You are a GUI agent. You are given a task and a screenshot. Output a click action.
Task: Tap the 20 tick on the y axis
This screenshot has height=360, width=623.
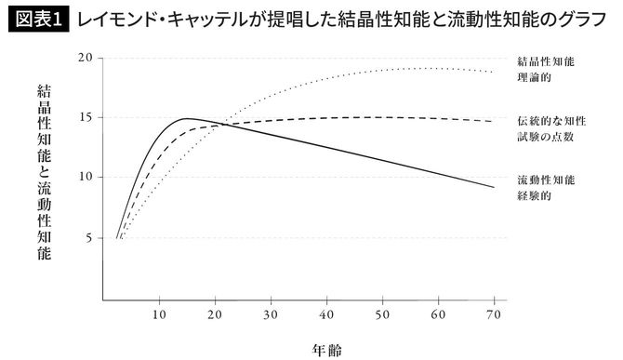(86, 58)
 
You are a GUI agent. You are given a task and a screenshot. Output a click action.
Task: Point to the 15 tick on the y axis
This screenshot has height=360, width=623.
(86, 117)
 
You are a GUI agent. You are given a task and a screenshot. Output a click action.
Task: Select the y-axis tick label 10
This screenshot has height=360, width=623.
(86, 177)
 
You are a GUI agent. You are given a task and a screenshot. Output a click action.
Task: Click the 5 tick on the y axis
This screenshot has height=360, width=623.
(89, 237)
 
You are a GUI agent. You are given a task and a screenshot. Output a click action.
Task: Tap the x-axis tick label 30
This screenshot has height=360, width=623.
(271, 313)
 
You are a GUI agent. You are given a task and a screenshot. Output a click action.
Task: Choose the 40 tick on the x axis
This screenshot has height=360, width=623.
(326, 313)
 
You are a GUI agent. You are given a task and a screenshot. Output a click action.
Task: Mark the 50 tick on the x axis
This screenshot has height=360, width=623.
(382, 313)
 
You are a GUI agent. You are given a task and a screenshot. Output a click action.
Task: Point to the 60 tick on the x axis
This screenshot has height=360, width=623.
(438, 313)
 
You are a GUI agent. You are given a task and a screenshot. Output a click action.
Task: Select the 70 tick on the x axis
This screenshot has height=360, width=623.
(494, 313)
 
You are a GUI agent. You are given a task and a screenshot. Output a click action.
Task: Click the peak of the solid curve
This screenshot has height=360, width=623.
(187, 119)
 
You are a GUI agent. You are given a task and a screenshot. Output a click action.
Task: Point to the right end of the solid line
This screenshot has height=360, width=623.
(494, 188)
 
